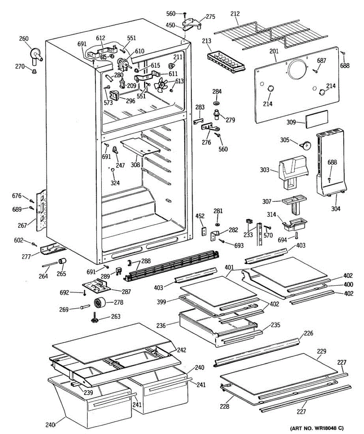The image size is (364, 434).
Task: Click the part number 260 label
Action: [24, 39]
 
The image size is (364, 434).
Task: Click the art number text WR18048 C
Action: [317, 428]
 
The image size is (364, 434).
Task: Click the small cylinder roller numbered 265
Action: [63, 261]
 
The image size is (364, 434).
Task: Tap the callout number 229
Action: [322, 351]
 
